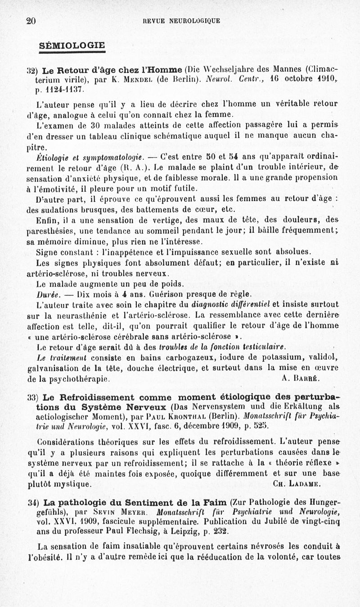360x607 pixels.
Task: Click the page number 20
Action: point(31,21)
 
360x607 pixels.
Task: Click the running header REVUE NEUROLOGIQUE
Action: point(181,21)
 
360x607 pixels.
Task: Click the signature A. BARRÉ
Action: point(301,378)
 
